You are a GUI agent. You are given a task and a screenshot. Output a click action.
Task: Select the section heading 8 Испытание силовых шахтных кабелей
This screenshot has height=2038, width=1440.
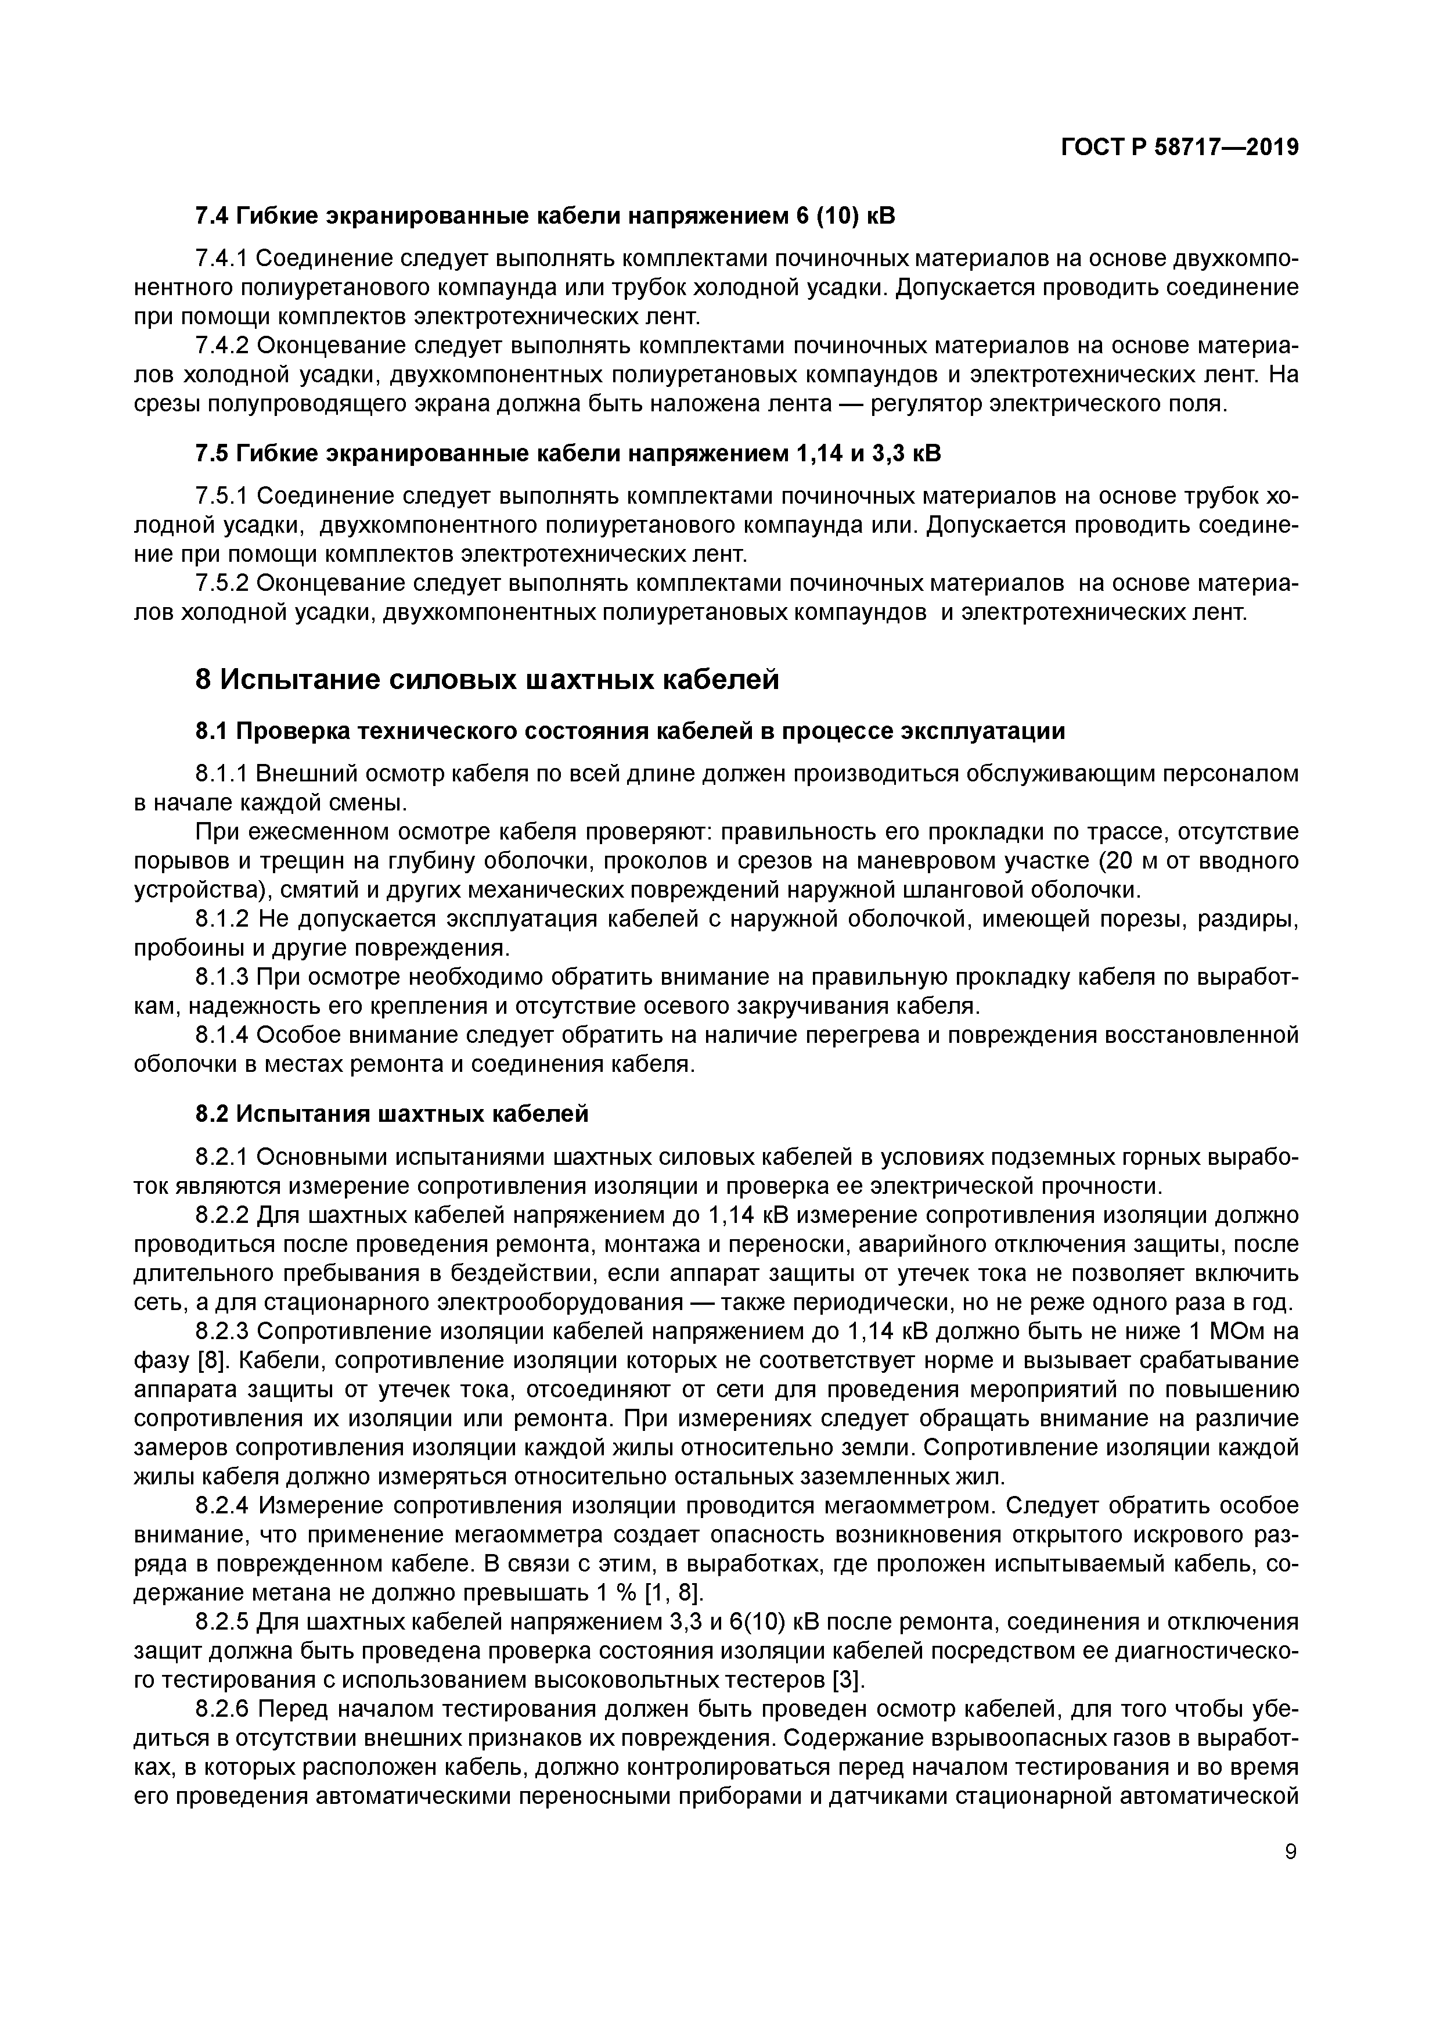coord(487,679)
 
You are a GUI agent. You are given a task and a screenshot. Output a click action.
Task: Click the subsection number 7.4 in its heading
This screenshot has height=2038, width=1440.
coord(213,216)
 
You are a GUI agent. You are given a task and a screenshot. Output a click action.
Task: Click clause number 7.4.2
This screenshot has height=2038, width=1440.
coord(222,345)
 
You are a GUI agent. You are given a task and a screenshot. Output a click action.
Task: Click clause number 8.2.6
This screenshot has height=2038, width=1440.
coord(222,1709)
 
